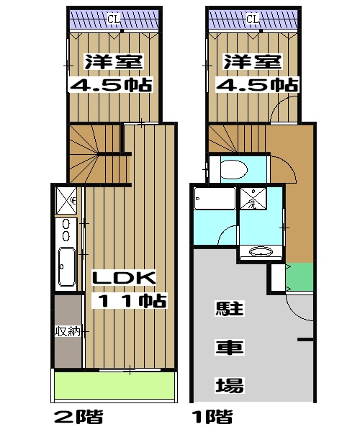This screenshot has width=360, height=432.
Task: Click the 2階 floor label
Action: coord(78,416)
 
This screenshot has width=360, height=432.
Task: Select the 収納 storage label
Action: coord(67,331)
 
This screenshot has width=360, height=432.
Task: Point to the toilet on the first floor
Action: coord(233,169)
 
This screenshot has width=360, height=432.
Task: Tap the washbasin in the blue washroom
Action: coord(261,252)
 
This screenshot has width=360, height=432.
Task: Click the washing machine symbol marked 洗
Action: coord(253,197)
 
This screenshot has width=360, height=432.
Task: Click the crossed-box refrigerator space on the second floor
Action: coord(67,197)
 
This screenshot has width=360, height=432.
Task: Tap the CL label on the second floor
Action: coord(113,19)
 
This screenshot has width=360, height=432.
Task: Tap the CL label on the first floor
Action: coord(252,19)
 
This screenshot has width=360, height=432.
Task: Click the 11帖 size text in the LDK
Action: coord(130,300)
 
